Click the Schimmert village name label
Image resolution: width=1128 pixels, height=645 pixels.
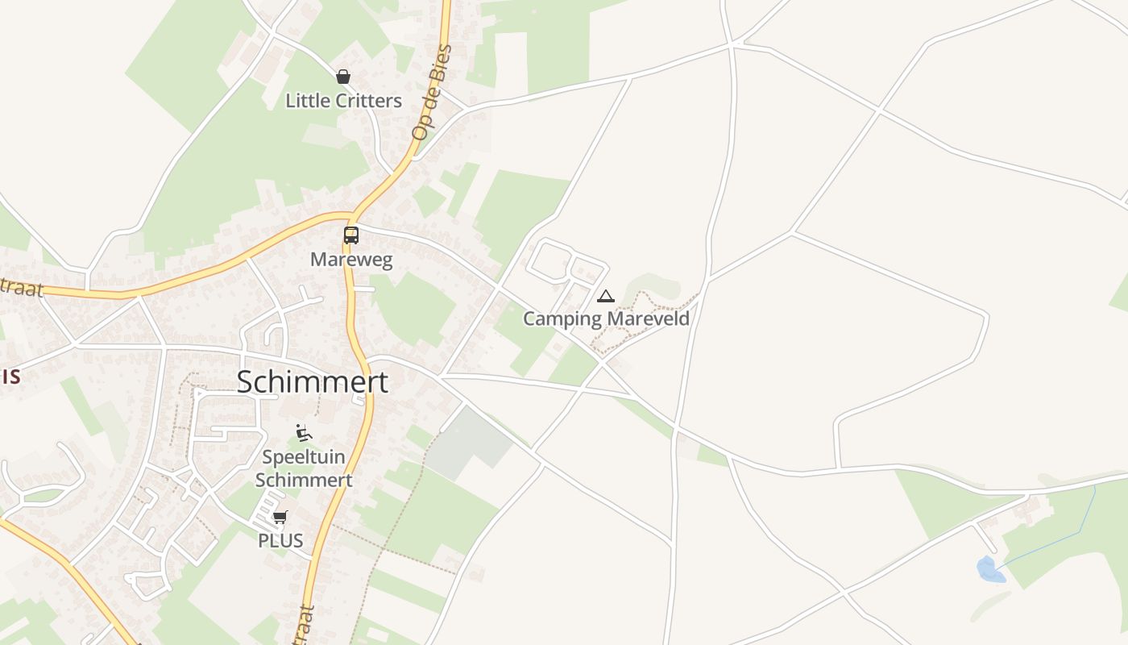(312, 382)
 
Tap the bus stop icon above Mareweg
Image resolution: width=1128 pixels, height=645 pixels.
(351, 235)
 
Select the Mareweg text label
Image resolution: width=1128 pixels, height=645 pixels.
(351, 260)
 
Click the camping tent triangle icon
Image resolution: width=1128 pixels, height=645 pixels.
(606, 297)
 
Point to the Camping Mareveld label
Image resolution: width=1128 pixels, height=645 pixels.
(606, 318)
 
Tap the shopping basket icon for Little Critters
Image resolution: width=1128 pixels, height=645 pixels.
(343, 77)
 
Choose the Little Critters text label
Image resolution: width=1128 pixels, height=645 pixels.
(343, 101)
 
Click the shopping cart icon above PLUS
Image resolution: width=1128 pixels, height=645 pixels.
(280, 517)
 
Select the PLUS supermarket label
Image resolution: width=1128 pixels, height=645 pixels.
(280, 540)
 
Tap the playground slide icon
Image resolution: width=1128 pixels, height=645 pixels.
(304, 433)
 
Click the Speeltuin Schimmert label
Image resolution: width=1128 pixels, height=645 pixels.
(304, 468)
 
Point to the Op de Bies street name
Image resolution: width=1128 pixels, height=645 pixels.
(432, 93)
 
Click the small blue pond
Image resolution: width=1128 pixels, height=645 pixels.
(990, 569)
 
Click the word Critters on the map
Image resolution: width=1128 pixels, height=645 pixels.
(369, 101)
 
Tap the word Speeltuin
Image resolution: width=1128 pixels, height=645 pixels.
(304, 457)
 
